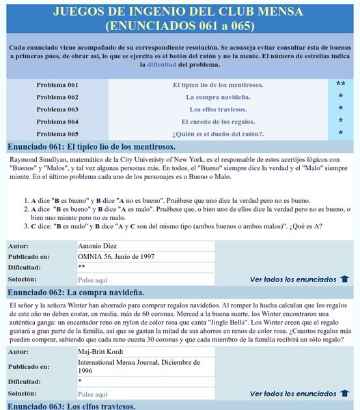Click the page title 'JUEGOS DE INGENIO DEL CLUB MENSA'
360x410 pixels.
(180, 12)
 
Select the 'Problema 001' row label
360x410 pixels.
(57, 85)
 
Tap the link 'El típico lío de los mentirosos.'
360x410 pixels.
(218, 85)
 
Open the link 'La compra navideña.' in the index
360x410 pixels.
(218, 97)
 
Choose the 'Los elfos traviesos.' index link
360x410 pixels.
(218, 109)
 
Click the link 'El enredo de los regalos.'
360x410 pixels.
(218, 122)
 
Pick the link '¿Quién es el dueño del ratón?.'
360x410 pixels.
(218, 133)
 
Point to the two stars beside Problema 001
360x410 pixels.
(340, 85)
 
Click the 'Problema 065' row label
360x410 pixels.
(57, 133)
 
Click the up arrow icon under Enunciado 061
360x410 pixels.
(344, 279)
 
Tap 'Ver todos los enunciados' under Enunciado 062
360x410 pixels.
(293, 394)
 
